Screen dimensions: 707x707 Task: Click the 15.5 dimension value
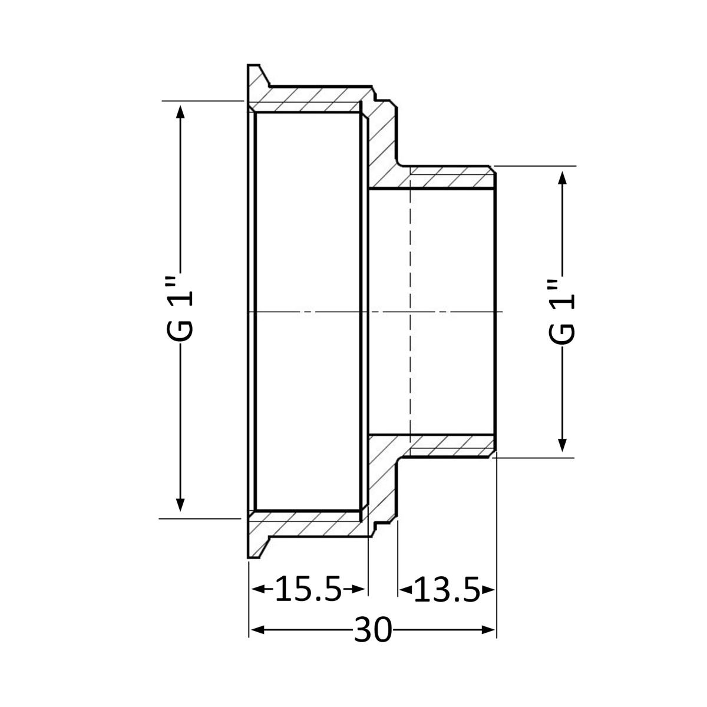click(x=308, y=599)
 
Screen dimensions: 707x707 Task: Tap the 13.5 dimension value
click(x=447, y=600)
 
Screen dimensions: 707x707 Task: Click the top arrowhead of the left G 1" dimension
click(x=180, y=111)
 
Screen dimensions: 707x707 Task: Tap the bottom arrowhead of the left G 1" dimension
click(x=180, y=504)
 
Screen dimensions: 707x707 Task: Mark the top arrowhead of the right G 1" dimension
click(x=562, y=177)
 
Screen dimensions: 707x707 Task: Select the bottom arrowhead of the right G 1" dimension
click(x=562, y=445)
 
